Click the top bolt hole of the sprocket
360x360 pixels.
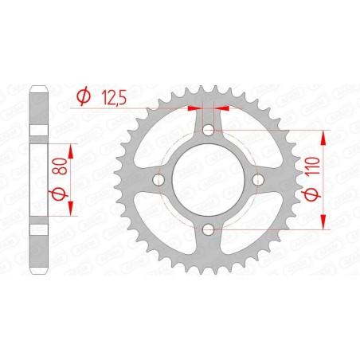pos(208,131)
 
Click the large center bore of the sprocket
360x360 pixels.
pos(208,181)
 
